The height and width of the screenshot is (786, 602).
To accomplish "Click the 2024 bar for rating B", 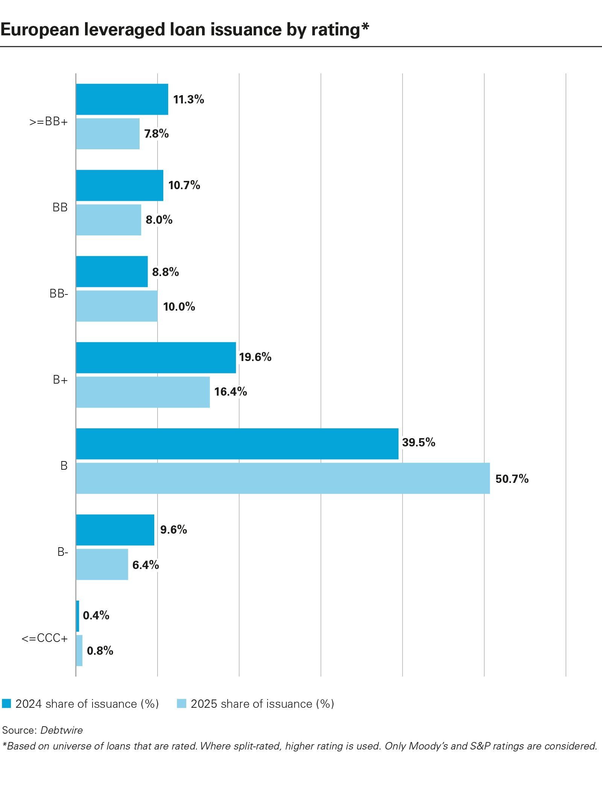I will tap(237, 444).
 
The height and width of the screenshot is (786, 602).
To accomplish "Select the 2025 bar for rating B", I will tap(283, 478).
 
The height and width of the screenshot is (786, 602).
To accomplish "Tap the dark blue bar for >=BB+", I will tap(122, 99).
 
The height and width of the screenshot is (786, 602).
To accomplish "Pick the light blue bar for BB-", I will tap(117, 306).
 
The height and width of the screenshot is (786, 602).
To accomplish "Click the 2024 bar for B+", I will tap(156, 358).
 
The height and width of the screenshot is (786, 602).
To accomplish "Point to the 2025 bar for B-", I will tap(102, 564).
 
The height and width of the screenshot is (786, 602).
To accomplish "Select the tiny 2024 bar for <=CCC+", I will tap(78, 616).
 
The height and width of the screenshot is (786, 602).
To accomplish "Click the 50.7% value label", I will tap(512, 479).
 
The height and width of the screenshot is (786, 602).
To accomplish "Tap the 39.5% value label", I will tap(418, 443).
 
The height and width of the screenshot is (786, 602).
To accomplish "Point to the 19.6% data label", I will tap(255, 357).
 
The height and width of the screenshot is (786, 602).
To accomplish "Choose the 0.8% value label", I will tap(100, 651).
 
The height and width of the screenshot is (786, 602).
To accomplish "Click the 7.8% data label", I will tap(157, 134).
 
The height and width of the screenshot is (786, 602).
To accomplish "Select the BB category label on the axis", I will tap(60, 208).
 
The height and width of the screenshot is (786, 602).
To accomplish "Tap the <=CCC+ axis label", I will tap(45, 639).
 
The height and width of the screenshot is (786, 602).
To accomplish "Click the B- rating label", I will tap(63, 552).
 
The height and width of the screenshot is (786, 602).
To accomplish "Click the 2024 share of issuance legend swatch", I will tap(6, 704).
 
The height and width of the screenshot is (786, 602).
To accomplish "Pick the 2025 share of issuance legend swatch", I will tap(182, 704).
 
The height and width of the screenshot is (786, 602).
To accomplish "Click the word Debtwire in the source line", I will tap(62, 730).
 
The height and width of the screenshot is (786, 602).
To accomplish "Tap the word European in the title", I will tap(41, 30).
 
